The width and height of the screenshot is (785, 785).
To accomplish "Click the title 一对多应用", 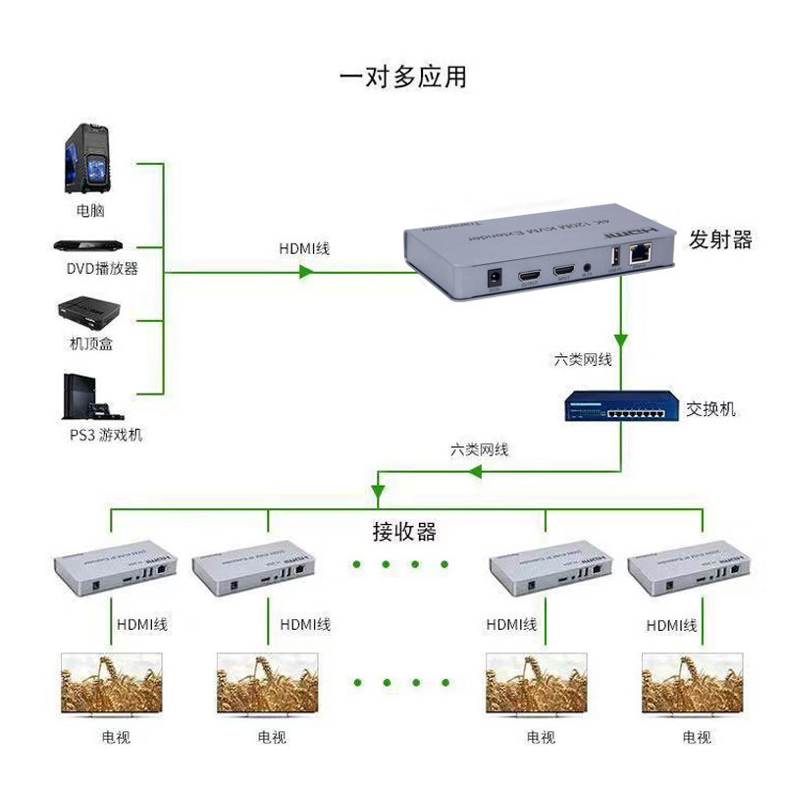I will (x=402, y=77).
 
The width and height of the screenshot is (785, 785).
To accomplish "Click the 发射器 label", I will (x=719, y=239).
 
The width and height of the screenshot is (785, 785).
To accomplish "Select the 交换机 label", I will (x=711, y=408).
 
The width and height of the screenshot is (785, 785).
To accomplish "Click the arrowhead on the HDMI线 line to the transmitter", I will (x=305, y=272).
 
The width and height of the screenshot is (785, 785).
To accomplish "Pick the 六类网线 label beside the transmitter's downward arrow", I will (x=583, y=360).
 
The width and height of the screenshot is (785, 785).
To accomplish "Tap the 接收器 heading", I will (x=403, y=532).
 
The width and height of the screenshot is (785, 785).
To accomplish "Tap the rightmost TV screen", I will (x=689, y=683).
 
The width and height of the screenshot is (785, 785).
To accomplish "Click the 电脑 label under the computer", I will (x=90, y=210).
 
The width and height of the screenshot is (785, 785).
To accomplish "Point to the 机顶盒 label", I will (x=90, y=344).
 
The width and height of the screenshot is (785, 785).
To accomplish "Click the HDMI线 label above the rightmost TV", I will (x=672, y=625).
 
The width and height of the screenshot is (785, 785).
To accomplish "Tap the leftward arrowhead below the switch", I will (x=474, y=473).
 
